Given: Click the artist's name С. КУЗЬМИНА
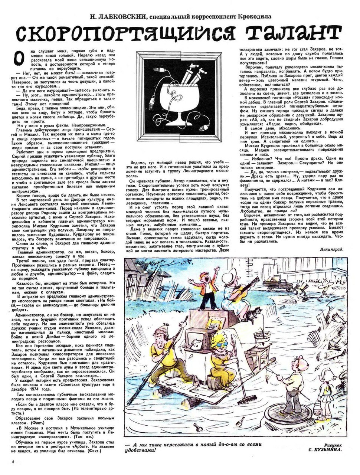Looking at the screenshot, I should [324, 450].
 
